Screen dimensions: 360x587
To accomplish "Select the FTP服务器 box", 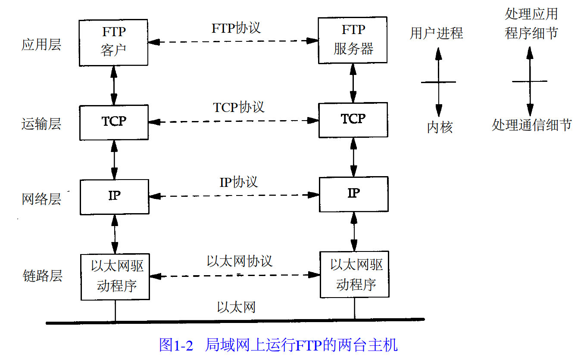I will point(353,40).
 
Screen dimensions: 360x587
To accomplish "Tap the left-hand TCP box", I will point(114,122).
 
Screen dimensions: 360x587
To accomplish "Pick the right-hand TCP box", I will point(353,120).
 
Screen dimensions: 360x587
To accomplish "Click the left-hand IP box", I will point(114,196).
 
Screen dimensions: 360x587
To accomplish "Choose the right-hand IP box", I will point(353,193).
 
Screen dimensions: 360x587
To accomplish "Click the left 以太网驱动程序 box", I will point(115,276).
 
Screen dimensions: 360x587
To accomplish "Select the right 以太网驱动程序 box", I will point(354,274).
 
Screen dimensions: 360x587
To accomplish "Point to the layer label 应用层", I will point(41,44).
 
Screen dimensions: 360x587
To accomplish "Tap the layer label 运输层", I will point(41,124).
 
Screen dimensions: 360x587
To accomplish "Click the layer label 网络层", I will point(41,199).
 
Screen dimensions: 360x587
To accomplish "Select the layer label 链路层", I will point(42,276).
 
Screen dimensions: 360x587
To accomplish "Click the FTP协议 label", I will point(236,28).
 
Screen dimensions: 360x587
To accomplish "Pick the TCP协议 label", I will point(239,107).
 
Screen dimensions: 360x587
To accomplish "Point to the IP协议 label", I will point(239,182).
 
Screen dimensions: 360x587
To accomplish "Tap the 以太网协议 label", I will point(240,261).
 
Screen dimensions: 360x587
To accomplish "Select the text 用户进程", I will point(436,33).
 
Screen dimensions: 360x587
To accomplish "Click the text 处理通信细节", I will point(531,125).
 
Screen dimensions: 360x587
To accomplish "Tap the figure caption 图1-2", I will point(176,345).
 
